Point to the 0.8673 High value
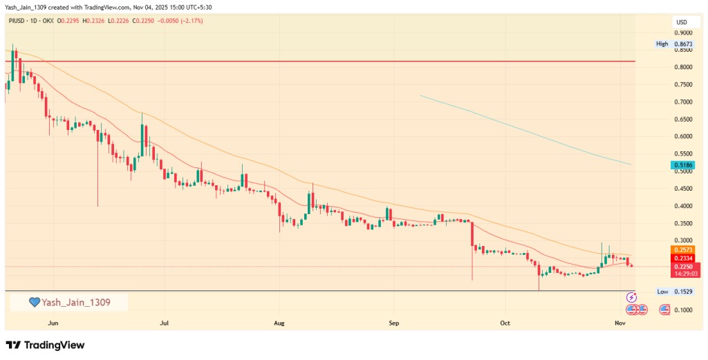684,44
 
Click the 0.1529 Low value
684,292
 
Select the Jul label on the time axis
164,323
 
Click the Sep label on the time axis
393,323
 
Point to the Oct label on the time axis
505,323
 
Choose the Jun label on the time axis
53,323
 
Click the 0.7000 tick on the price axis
684,102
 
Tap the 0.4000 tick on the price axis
684,206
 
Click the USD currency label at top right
682,23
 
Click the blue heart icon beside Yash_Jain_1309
34,302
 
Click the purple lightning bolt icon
631,298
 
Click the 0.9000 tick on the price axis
684,33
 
